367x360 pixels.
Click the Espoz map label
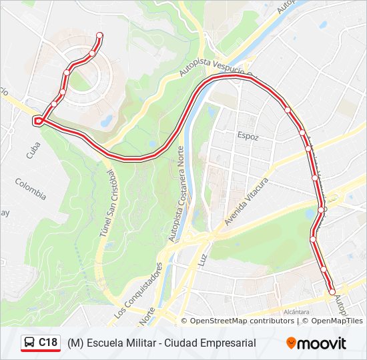(x=247, y=136)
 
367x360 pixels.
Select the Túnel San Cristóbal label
(x=108, y=204)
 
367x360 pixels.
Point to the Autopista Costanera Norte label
(x=178, y=193)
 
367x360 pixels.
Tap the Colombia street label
(x=31, y=189)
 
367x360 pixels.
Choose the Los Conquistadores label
(x=138, y=288)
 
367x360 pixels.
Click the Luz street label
(x=204, y=251)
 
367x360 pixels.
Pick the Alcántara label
(x=296, y=311)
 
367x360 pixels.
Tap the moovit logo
(x=316, y=343)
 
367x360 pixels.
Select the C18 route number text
(x=47, y=343)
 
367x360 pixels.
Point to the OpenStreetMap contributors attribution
(x=242, y=321)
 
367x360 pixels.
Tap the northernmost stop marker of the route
(x=99, y=35)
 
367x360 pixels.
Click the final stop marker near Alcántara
(x=332, y=291)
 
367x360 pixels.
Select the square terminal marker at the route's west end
(x=38, y=121)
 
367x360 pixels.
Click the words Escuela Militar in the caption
(x=125, y=343)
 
